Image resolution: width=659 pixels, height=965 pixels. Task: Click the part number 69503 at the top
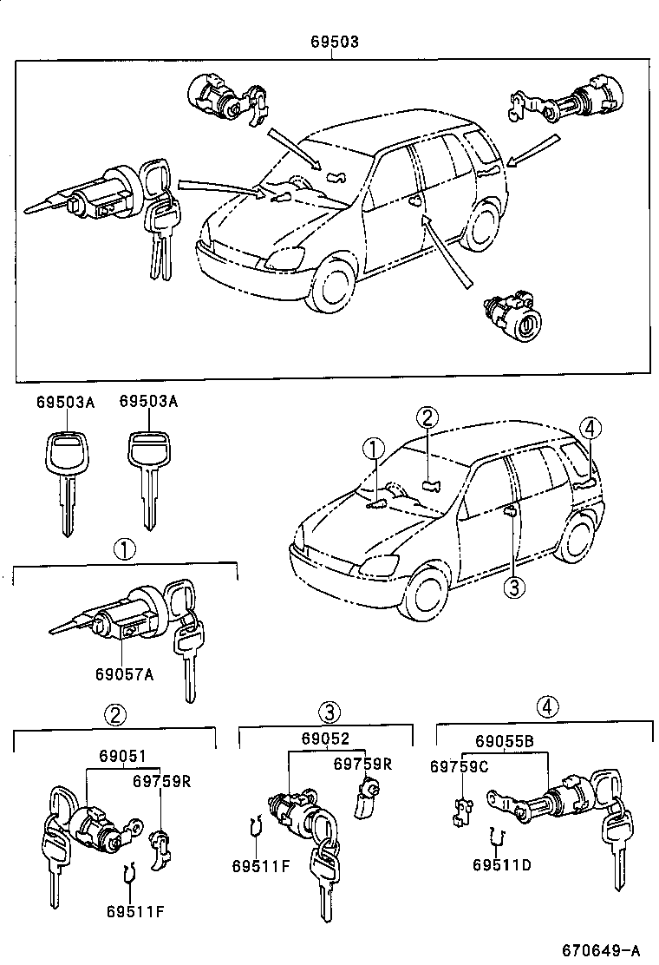(x=334, y=42)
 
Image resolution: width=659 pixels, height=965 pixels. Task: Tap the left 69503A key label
(x=65, y=403)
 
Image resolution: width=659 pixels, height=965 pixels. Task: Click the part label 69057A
(x=124, y=674)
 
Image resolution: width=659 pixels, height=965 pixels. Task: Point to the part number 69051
(x=123, y=756)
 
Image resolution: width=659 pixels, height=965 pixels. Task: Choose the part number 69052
(x=325, y=739)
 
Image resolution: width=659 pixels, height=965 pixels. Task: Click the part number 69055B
(x=504, y=741)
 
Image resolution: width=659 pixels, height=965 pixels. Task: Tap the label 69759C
(x=459, y=766)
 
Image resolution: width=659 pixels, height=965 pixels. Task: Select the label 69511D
(x=502, y=864)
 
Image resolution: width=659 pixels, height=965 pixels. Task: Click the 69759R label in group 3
(x=362, y=764)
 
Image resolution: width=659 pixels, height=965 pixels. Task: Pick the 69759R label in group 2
(x=161, y=781)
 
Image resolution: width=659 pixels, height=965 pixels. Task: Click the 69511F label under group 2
(x=135, y=911)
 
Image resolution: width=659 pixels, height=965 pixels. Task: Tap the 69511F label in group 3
(x=261, y=866)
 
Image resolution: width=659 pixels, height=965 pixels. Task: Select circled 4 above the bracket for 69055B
(x=548, y=706)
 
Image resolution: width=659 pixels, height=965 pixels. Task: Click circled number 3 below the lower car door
(x=514, y=588)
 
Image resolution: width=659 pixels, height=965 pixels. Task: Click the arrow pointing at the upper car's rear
(x=532, y=151)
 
